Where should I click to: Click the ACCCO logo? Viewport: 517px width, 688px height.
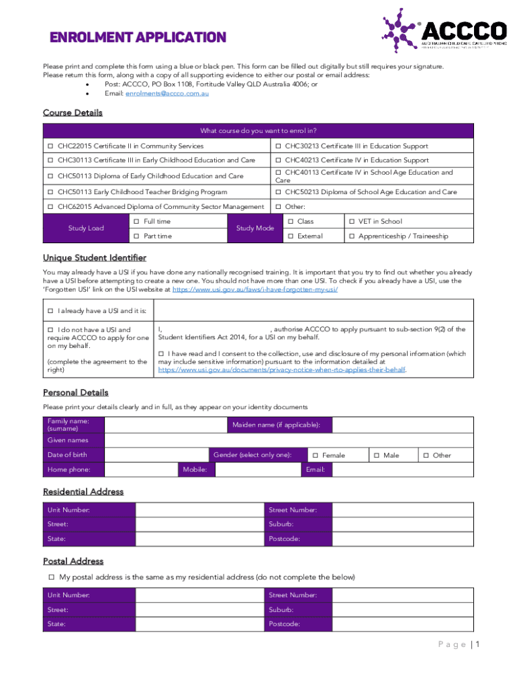coord(444,31)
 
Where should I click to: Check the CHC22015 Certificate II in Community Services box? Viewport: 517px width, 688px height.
coord(50,146)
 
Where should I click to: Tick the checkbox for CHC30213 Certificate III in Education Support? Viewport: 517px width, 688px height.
coord(279,146)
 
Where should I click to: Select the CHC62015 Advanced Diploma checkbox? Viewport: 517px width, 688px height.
coord(50,207)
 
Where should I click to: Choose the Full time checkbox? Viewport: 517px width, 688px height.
coord(136,222)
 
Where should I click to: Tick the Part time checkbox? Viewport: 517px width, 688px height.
coord(136,236)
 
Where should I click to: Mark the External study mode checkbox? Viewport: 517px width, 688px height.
coord(290,236)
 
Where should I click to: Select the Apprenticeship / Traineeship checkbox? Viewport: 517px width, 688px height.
coord(350,236)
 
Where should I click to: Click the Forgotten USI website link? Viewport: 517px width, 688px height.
coord(254,289)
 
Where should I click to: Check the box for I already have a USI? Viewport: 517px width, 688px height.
coord(50,311)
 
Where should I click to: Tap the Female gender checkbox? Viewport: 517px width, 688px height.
coord(315,456)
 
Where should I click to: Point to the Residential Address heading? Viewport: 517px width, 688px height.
coord(83,492)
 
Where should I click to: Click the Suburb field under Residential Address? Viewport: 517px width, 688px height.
coord(402,524)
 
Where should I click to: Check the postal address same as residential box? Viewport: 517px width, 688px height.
coord(50,577)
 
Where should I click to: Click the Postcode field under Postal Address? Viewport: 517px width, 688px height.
coord(402,624)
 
